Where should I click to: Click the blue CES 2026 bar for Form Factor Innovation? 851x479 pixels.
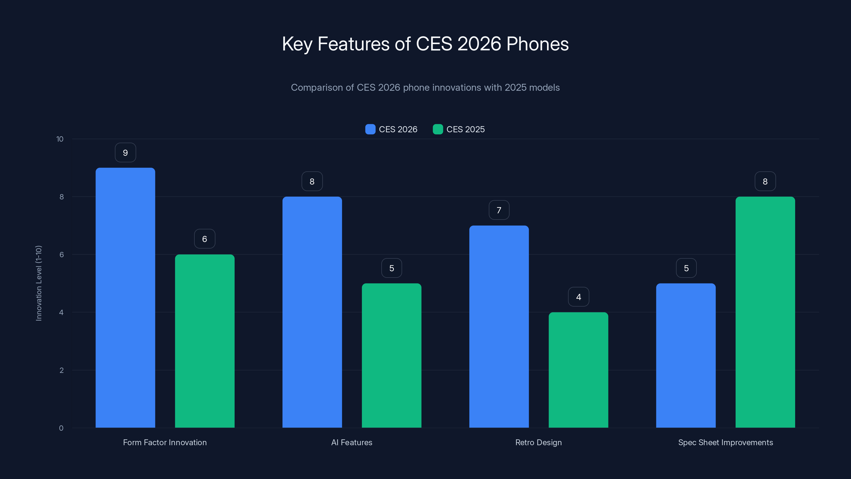point(125,298)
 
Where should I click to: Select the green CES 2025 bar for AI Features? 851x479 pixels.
point(391,355)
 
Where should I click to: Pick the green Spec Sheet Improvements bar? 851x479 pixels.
point(765,312)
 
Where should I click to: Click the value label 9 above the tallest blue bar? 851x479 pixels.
point(125,153)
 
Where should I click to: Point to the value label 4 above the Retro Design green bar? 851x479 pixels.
point(578,297)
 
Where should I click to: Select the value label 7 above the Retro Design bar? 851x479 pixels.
point(499,210)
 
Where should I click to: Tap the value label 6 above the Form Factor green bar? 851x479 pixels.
point(205,239)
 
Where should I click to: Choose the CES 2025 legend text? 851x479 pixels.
point(465,129)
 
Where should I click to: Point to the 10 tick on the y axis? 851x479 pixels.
point(60,139)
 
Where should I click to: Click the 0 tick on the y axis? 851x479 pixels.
point(61,428)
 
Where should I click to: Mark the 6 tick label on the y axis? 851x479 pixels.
point(61,255)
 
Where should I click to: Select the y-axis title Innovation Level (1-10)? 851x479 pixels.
point(39,283)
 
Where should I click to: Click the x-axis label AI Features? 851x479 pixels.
point(352,442)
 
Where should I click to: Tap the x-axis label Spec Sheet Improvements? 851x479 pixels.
point(725,442)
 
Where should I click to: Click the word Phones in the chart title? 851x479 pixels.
point(537,44)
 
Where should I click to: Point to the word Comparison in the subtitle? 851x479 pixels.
point(316,88)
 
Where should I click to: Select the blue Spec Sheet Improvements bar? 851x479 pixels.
point(686,355)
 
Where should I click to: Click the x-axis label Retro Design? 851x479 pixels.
point(539,442)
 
